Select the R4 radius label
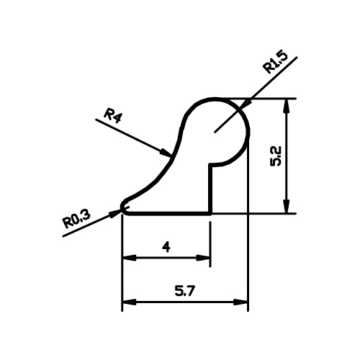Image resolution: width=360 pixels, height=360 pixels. pos(112,116)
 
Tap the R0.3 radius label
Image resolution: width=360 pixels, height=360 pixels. pos(77,219)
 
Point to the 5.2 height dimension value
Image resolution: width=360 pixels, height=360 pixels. pos(275,156)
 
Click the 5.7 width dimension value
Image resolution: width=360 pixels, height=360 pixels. pos(185,291)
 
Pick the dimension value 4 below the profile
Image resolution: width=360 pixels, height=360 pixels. pos(166,247)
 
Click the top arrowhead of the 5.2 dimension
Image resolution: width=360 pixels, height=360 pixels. pos(287,105)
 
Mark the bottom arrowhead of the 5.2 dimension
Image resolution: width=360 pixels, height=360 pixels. pos(287,206)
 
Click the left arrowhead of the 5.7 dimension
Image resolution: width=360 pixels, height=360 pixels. pos(130,302)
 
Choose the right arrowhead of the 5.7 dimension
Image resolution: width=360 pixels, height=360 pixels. pos(240,302)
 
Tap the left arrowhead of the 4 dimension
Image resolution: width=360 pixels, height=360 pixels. pos(130,258)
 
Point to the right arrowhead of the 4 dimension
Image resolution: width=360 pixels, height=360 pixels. pos(204,258)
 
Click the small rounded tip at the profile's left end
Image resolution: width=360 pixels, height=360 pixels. pos(122,207)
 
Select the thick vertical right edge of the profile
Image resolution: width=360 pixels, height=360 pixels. pos(210,189)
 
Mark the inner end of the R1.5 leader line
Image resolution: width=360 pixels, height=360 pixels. pos(215,132)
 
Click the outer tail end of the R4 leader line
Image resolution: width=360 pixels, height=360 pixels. pos(96,120)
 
